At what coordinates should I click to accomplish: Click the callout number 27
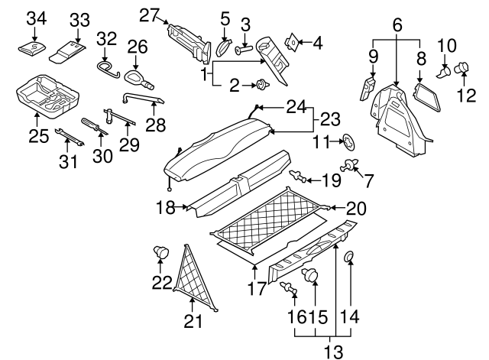[x=149, y=13]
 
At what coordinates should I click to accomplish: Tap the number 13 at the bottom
[x=332, y=352]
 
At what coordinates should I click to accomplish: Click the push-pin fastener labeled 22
[x=162, y=251]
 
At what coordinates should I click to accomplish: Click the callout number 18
[x=165, y=206]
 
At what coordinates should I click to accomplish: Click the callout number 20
[x=356, y=208]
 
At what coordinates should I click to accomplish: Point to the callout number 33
[x=79, y=18]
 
